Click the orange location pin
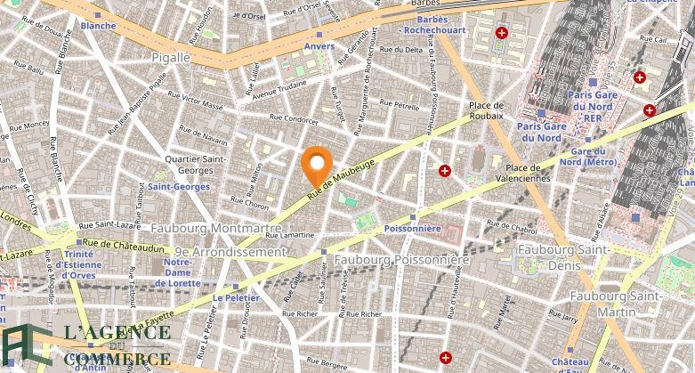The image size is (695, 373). [x=317, y=165]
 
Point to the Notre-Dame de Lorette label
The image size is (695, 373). [x=178, y=272]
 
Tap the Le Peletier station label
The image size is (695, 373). [x=236, y=297]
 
